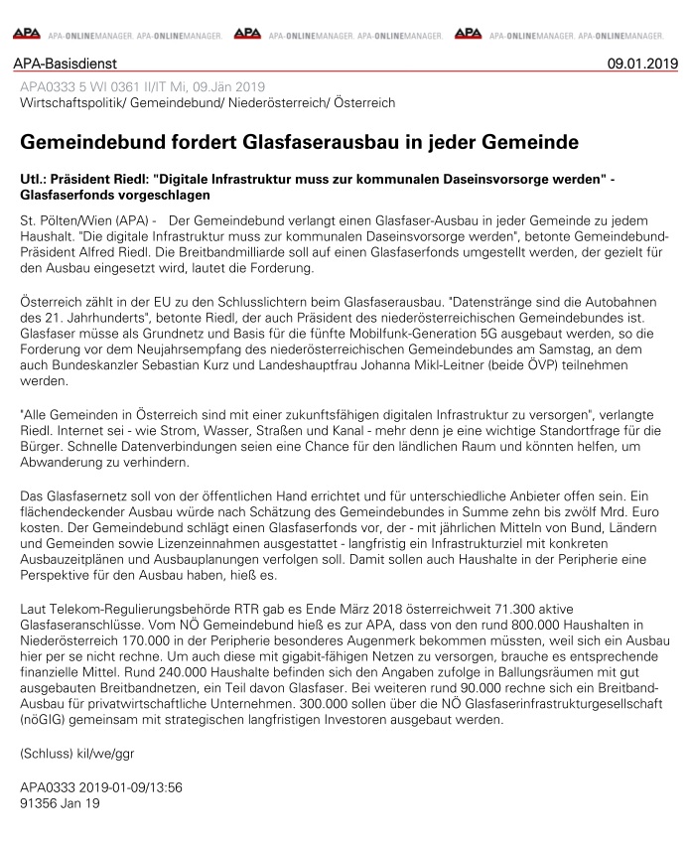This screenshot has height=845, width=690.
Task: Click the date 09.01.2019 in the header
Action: click(x=642, y=65)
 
